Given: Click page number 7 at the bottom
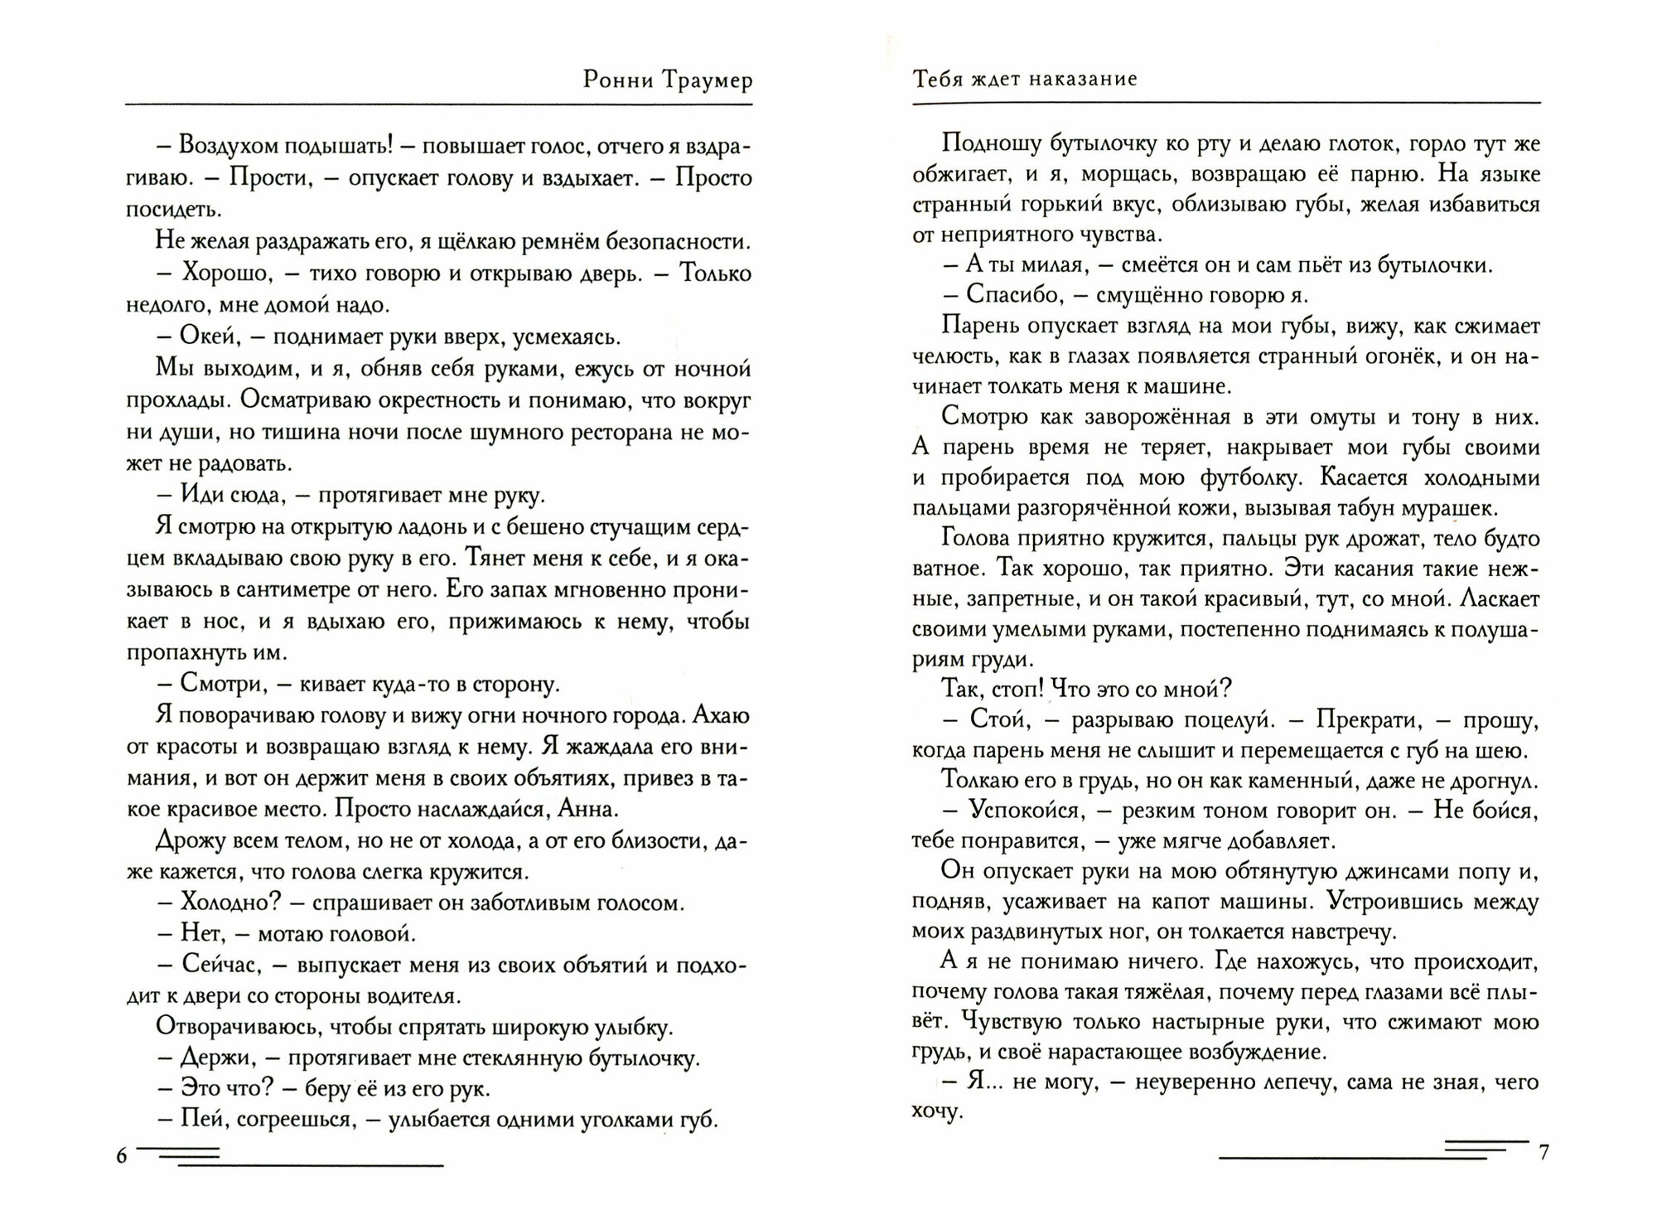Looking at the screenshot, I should pos(1543,1153).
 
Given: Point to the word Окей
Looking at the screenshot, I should pos(211,337).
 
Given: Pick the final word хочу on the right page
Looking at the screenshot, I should pos(935,1112).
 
